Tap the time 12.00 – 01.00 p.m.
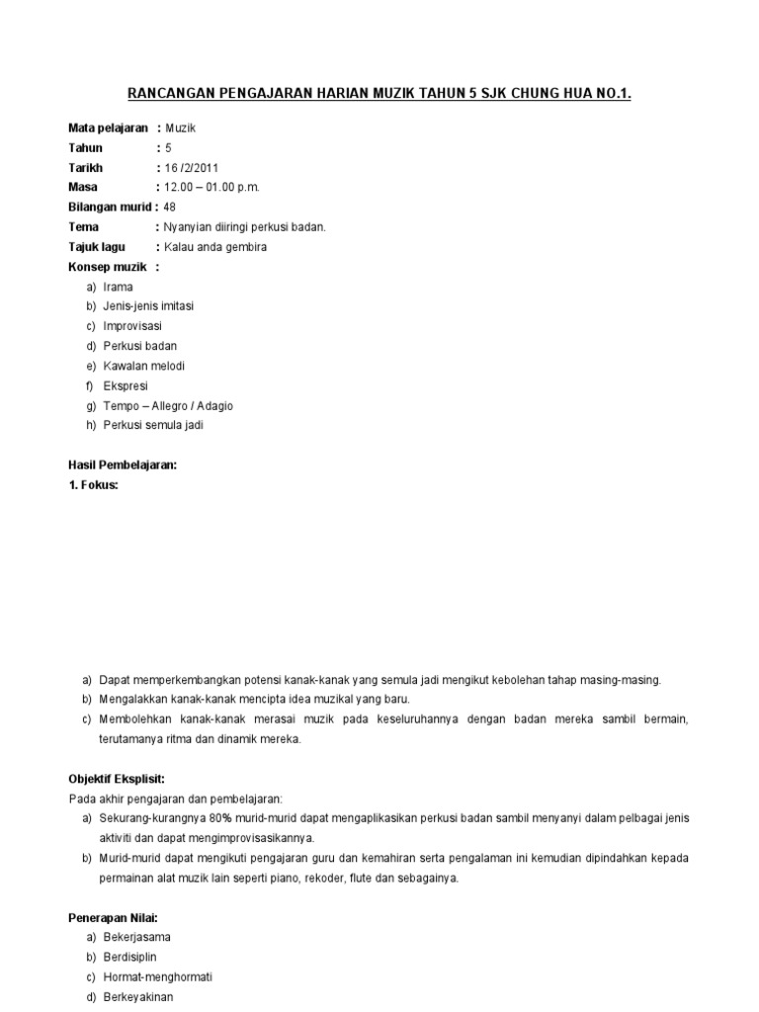point(212,188)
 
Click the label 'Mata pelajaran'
point(108,128)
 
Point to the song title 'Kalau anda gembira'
point(215,247)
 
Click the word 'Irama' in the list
point(119,287)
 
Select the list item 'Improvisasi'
point(132,326)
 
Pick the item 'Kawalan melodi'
point(144,366)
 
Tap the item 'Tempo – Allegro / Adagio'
point(168,405)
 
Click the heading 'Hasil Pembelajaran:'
point(122,464)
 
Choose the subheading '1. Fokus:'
point(93,484)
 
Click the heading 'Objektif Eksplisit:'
point(117,779)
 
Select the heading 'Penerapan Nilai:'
point(115,917)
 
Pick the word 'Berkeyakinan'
point(139,996)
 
